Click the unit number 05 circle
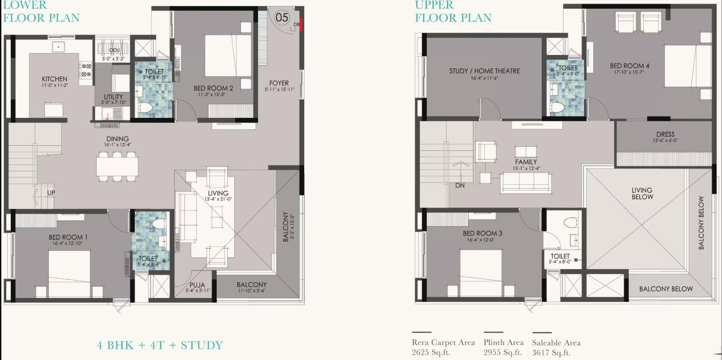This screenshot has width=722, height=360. [x=281, y=17]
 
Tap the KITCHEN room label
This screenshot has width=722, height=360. [x=55, y=79]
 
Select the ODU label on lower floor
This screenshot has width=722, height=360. [x=114, y=50]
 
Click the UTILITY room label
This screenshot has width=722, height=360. [x=113, y=97]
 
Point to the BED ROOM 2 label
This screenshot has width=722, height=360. [x=213, y=88]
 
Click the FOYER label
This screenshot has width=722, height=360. [x=279, y=83]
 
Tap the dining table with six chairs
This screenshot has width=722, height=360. [x=117, y=166]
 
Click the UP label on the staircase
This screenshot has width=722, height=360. [x=51, y=193]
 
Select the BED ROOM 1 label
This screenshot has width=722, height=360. [x=68, y=237]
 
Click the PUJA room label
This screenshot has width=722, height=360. [x=197, y=285]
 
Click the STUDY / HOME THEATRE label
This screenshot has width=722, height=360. [x=484, y=71]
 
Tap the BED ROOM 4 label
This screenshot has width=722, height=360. [x=629, y=66]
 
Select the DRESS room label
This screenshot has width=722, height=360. [x=665, y=134]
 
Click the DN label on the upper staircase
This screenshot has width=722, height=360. [x=460, y=185]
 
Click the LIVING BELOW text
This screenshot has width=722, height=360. [x=642, y=193]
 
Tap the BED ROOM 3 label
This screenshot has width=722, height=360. [x=482, y=233]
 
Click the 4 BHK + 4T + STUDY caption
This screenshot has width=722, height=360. [x=160, y=345]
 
